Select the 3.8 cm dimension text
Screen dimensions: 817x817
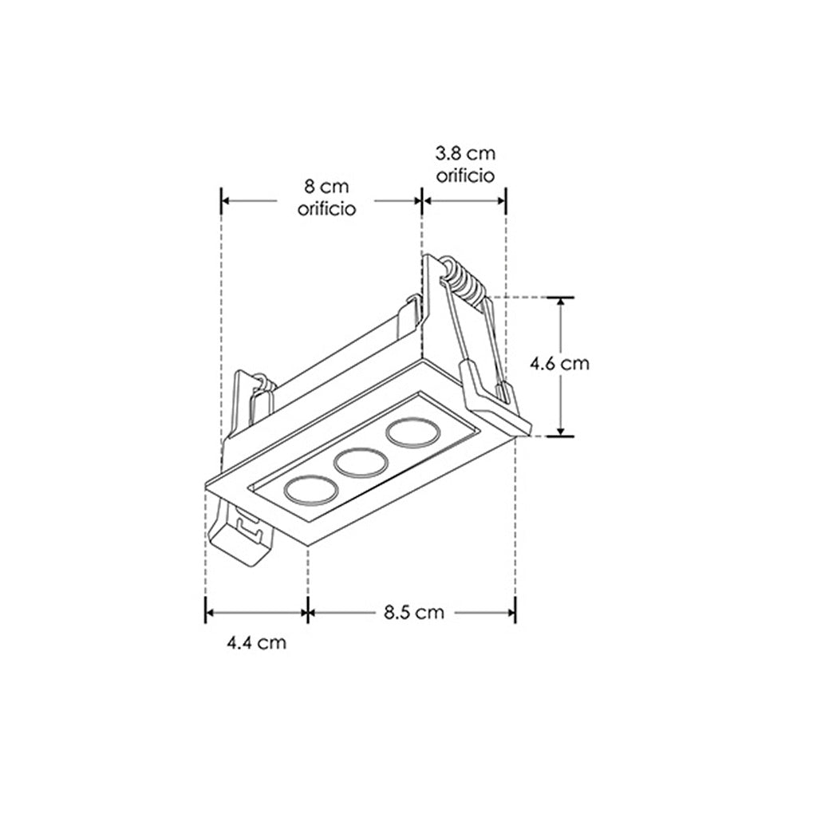465,154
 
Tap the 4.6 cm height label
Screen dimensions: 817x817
559,363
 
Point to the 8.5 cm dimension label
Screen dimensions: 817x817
414,612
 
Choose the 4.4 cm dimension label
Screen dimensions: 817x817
256,642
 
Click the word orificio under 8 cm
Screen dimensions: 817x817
326,208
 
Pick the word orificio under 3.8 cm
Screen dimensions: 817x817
465,176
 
